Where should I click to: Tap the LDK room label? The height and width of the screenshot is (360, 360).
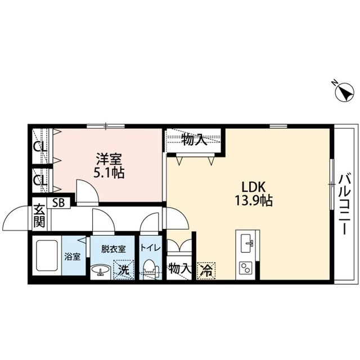click(253, 187)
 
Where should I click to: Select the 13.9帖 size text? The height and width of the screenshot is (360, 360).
click(253, 200)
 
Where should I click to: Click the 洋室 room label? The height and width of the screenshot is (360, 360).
click(109, 159)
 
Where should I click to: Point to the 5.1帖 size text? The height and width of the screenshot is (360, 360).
click(109, 173)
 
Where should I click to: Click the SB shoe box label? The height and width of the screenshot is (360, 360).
click(58, 203)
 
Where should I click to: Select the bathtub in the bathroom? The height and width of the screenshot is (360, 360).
click(47, 255)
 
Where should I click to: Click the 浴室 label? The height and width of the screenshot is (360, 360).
click(73, 257)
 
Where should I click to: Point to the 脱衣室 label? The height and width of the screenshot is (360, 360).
click(114, 249)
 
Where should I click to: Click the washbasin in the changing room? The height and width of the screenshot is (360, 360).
click(101, 270)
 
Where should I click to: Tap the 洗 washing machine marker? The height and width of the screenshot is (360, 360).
click(124, 269)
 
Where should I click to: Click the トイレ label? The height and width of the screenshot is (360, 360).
click(150, 248)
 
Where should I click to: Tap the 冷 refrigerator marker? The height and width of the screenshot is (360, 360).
click(206, 271)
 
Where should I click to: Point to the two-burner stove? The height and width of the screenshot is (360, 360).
click(246, 268)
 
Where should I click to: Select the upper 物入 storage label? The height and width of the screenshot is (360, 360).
click(194, 140)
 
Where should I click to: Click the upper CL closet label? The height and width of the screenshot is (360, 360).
click(40, 146)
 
